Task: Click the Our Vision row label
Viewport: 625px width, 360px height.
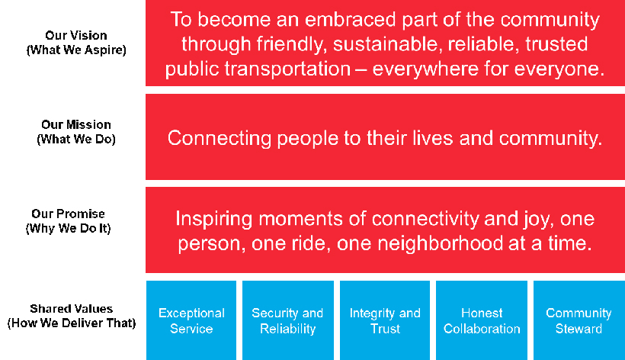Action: pyautogui.click(x=76, y=43)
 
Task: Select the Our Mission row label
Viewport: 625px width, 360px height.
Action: pyautogui.click(x=76, y=132)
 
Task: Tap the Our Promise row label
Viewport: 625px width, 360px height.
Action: pyautogui.click(x=68, y=221)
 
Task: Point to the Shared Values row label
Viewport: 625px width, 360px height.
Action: pyautogui.click(x=72, y=316)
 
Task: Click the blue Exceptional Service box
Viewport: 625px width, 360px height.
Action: pyautogui.click(x=191, y=320)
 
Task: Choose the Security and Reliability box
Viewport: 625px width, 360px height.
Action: pyautogui.click(x=288, y=320)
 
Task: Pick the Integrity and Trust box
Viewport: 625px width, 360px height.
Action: pyautogui.click(x=385, y=320)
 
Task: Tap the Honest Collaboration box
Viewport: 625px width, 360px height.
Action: pyautogui.click(x=482, y=320)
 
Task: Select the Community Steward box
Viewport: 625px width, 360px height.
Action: pyautogui.click(x=579, y=320)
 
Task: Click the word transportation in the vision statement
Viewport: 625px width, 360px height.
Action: pyautogui.click(x=287, y=69)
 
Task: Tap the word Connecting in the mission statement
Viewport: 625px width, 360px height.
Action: pyautogui.click(x=219, y=139)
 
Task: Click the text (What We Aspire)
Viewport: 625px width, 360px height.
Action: pyautogui.click(x=76, y=50)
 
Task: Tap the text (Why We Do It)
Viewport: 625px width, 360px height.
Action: pyautogui.click(x=68, y=229)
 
